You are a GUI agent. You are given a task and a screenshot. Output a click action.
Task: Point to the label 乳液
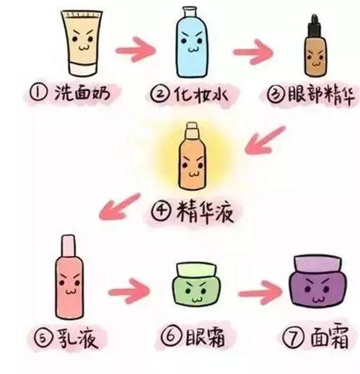pyautogui.click(x=76, y=337)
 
